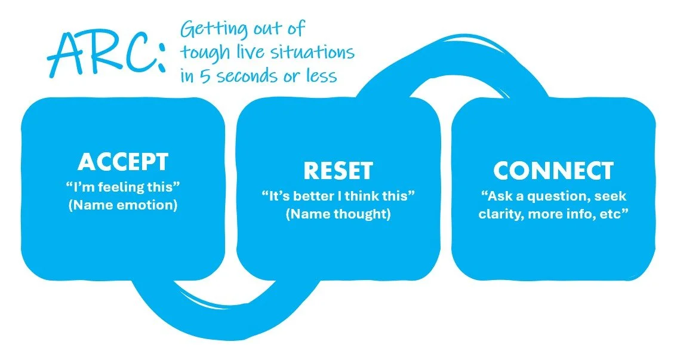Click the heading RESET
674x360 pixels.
tap(338, 171)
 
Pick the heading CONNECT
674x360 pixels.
tap(553, 171)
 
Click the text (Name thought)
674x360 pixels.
tap(338, 214)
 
